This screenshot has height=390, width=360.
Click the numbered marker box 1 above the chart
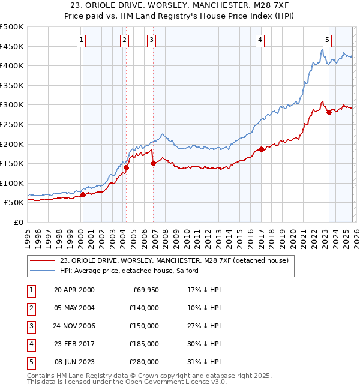tap(81, 40)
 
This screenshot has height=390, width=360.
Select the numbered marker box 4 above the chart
tap(260, 40)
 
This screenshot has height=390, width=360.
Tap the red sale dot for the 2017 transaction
tap(262, 149)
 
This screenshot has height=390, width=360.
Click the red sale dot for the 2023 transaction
tap(329, 112)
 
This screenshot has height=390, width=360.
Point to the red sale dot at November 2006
tap(154, 163)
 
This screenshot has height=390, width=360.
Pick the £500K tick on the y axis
tap(12, 27)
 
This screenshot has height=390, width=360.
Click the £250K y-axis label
tap(12, 124)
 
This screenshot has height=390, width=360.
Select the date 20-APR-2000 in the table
tap(74, 290)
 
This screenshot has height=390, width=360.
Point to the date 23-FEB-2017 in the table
tap(74, 344)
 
